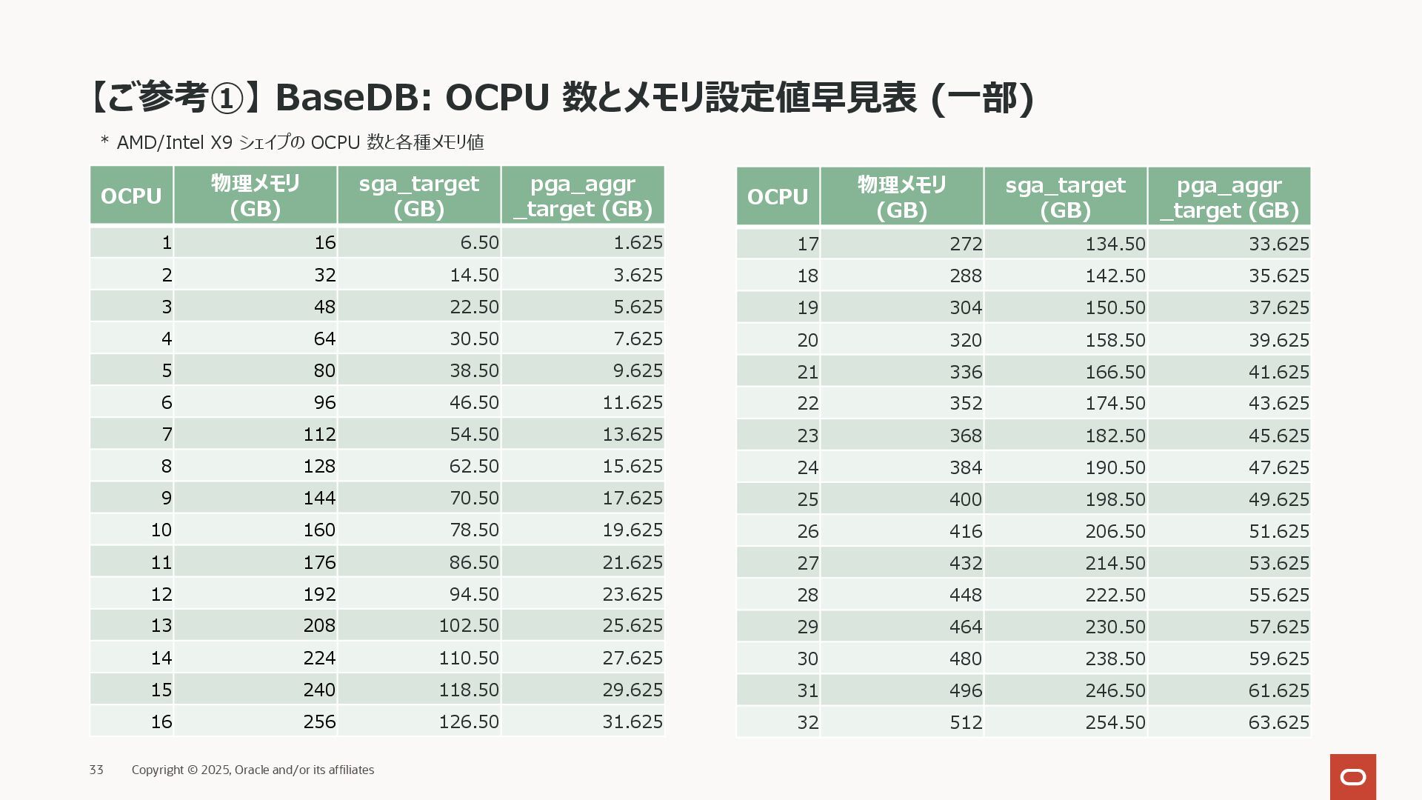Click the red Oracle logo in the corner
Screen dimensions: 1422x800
1352,776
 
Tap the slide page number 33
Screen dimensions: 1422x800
96,770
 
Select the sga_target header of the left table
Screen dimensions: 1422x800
419,196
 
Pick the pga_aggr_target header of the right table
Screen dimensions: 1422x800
1229,197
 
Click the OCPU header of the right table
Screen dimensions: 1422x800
778,197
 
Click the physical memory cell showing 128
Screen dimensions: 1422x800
319,467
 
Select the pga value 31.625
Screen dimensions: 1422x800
632,722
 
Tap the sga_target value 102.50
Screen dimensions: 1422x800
469,626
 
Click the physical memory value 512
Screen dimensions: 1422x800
966,723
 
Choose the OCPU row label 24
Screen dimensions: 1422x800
808,468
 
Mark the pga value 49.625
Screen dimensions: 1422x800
1279,500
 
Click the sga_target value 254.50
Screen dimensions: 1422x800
1115,723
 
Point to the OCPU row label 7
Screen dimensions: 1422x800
167,435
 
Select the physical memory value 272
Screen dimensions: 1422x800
966,244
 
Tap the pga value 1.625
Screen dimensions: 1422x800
638,243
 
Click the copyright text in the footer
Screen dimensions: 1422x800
253,770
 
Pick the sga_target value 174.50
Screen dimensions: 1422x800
1115,404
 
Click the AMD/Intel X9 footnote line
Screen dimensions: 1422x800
292,142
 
